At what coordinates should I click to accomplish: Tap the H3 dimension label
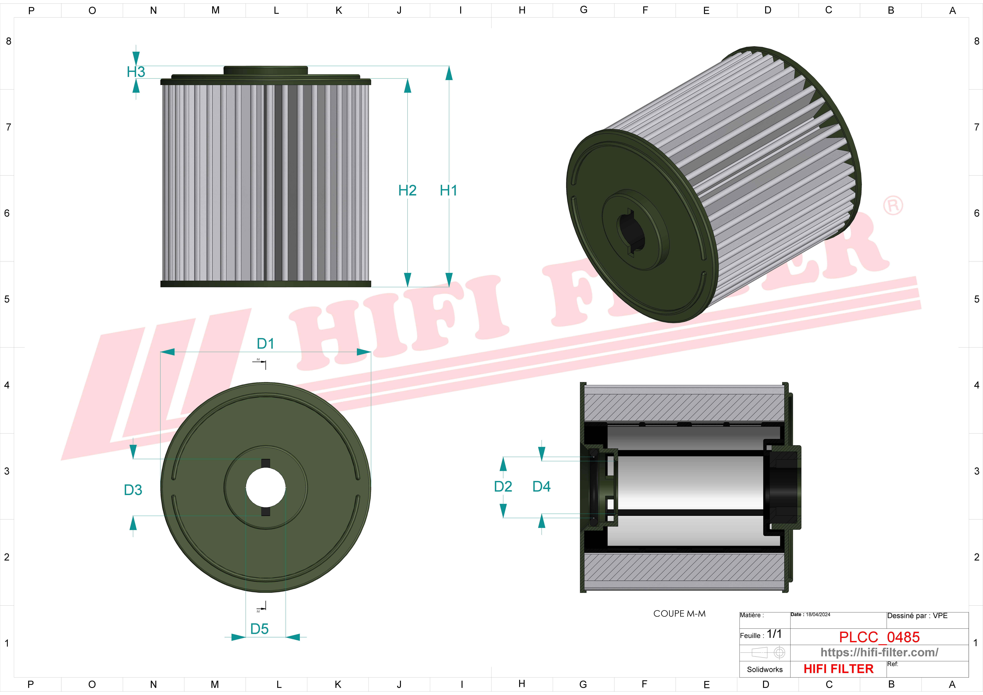[x=136, y=72]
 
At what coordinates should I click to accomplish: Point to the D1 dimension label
[x=265, y=343]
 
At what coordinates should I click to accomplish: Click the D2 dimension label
[x=503, y=486]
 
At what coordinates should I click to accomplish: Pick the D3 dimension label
[x=133, y=490]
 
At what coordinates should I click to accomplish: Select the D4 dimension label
[x=542, y=486]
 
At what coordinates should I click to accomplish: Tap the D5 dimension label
[x=259, y=629]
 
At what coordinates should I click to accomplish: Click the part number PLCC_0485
[x=879, y=637]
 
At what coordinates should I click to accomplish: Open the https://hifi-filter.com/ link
[x=879, y=653]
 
